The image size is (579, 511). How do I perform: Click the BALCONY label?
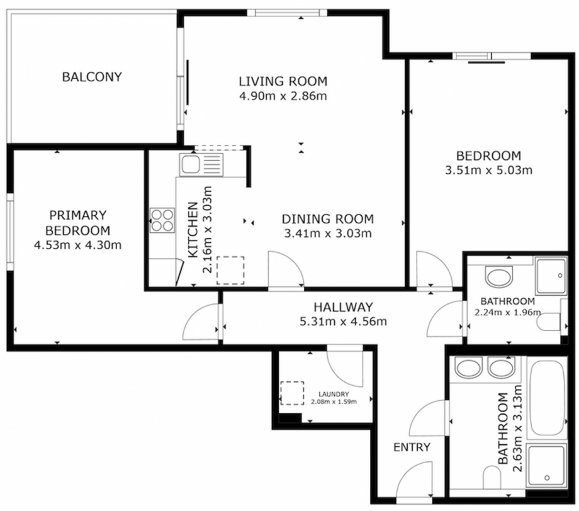(91, 77)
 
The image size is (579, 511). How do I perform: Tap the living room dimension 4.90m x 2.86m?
(283, 96)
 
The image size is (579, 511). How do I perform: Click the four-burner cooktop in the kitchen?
(162, 221)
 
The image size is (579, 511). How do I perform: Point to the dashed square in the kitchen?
(229, 270)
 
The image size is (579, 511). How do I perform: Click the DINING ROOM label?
(327, 219)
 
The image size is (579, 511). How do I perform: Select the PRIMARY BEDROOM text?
(78, 223)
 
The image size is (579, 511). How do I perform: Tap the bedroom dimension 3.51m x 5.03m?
(488, 170)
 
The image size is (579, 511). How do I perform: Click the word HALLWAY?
(343, 307)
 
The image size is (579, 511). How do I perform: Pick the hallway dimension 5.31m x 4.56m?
(343, 322)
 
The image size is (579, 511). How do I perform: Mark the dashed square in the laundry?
(292, 393)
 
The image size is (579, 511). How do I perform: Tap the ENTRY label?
(412, 447)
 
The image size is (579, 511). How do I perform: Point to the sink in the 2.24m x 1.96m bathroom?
(500, 277)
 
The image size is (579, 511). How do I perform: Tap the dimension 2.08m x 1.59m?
(334, 401)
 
